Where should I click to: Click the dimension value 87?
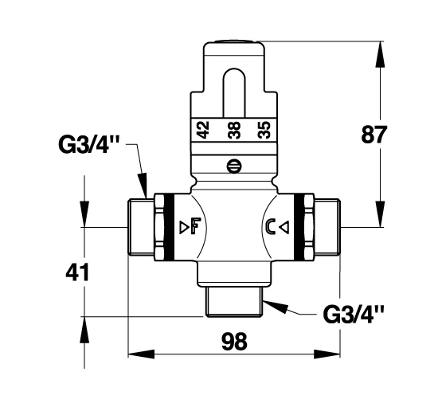click(x=374, y=135)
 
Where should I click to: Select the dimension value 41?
click(x=77, y=272)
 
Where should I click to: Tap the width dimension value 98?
click(x=234, y=342)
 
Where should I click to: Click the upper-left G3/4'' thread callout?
click(x=88, y=144)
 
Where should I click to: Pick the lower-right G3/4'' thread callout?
click(x=354, y=314)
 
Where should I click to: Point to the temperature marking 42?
click(x=203, y=130)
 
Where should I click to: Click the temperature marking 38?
click(x=234, y=130)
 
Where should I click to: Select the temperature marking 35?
click(x=264, y=130)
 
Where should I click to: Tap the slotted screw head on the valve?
click(x=234, y=166)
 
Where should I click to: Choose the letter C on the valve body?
click(x=271, y=226)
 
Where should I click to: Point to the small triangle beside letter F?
click(x=185, y=226)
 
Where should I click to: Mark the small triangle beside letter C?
click(x=284, y=226)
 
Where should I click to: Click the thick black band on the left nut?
click(x=169, y=227)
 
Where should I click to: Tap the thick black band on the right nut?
click(x=299, y=227)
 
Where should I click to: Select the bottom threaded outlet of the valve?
click(x=235, y=302)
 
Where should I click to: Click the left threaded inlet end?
click(x=141, y=227)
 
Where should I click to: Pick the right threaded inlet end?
click(x=327, y=227)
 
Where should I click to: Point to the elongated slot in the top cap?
click(x=234, y=92)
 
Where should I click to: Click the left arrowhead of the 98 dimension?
click(x=141, y=354)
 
